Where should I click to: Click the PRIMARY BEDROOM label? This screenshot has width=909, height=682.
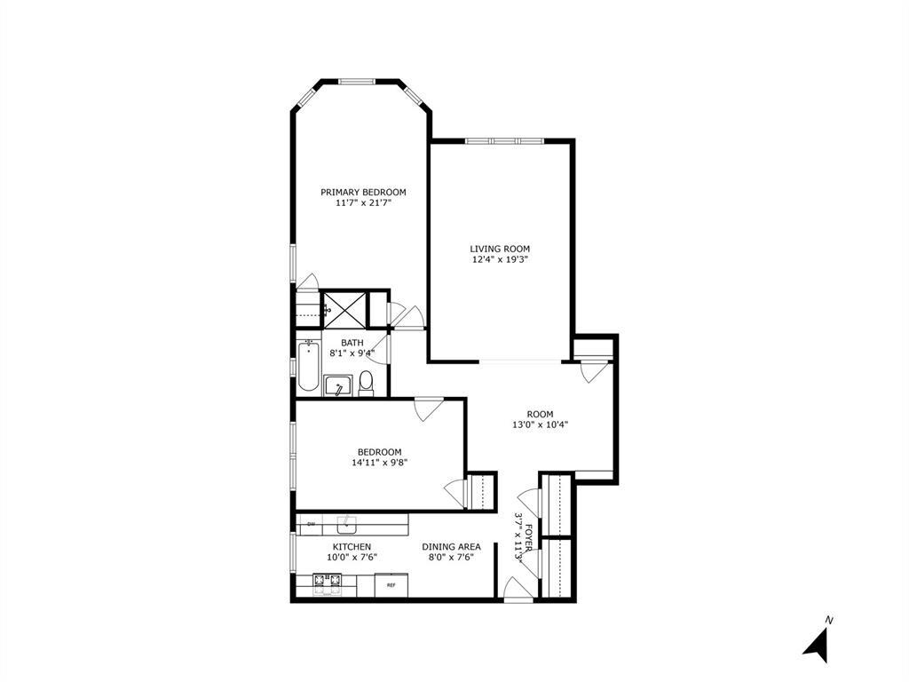click(x=363, y=192)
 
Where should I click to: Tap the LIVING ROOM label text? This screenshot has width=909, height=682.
click(x=501, y=249)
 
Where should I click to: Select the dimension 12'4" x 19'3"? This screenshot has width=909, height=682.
click(x=501, y=260)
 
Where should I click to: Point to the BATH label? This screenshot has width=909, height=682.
click(x=352, y=343)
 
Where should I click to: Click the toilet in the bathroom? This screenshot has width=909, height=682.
click(x=366, y=384)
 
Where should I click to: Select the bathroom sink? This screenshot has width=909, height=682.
click(x=336, y=385)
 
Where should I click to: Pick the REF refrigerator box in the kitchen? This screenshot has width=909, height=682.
click(x=391, y=585)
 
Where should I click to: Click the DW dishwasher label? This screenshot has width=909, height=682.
click(x=312, y=524)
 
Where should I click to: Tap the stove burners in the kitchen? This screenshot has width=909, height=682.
click(x=326, y=583)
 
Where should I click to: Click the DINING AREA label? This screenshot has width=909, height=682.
click(x=451, y=546)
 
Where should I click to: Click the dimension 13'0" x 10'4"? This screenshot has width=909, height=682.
click(x=540, y=424)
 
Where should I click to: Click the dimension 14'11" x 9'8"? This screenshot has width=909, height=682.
click(x=380, y=462)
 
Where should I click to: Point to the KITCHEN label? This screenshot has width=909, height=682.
click(x=352, y=546)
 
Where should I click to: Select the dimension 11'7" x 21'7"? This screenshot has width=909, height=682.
click(x=363, y=203)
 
